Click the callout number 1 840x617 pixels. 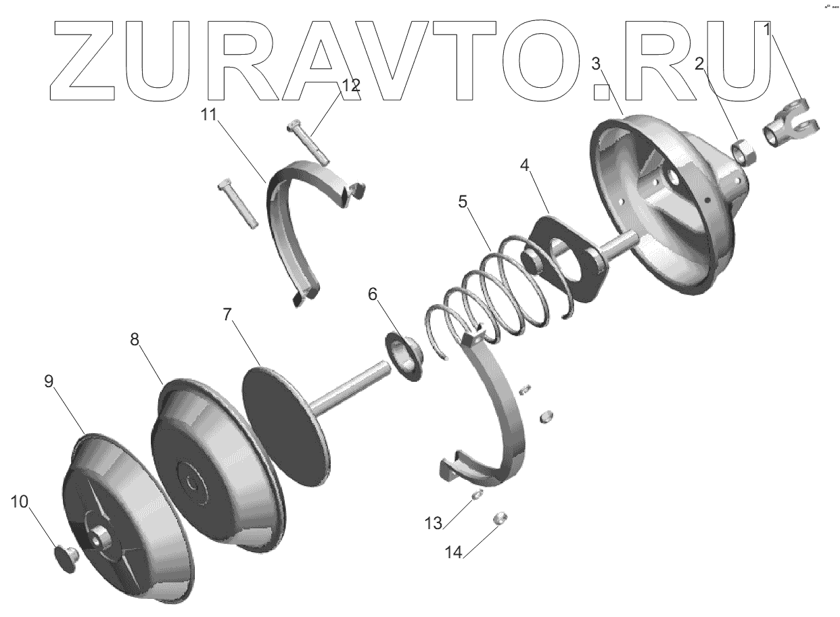767,30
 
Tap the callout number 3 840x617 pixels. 596,64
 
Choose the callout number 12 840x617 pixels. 351,86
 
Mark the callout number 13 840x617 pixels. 433,522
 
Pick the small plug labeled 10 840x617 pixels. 65,558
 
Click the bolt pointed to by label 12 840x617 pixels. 308,142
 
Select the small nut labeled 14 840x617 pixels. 501,518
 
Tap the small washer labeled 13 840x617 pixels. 477,495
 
